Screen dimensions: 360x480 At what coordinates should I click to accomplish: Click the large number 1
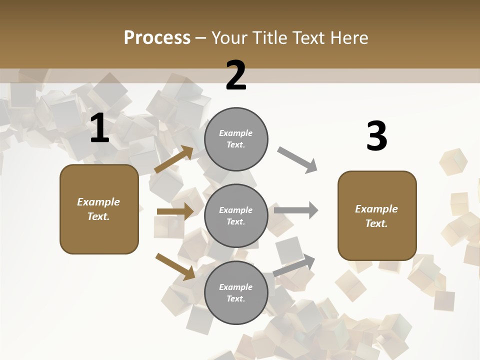point(99,128)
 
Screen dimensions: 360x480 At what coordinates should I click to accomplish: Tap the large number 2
point(236,75)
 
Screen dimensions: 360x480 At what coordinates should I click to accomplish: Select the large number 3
point(376,136)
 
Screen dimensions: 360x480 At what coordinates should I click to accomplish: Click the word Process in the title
point(157,37)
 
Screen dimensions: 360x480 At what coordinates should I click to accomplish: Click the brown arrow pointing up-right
point(174,159)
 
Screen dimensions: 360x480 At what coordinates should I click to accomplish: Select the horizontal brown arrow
point(175,211)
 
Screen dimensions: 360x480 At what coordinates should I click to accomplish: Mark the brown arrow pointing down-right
point(175,266)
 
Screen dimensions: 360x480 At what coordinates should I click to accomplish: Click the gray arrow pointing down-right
point(297,160)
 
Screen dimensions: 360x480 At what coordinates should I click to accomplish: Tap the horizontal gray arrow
point(296,210)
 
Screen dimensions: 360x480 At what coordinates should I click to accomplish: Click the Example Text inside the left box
point(98,209)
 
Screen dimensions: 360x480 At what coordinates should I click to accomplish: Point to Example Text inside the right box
point(376,216)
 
